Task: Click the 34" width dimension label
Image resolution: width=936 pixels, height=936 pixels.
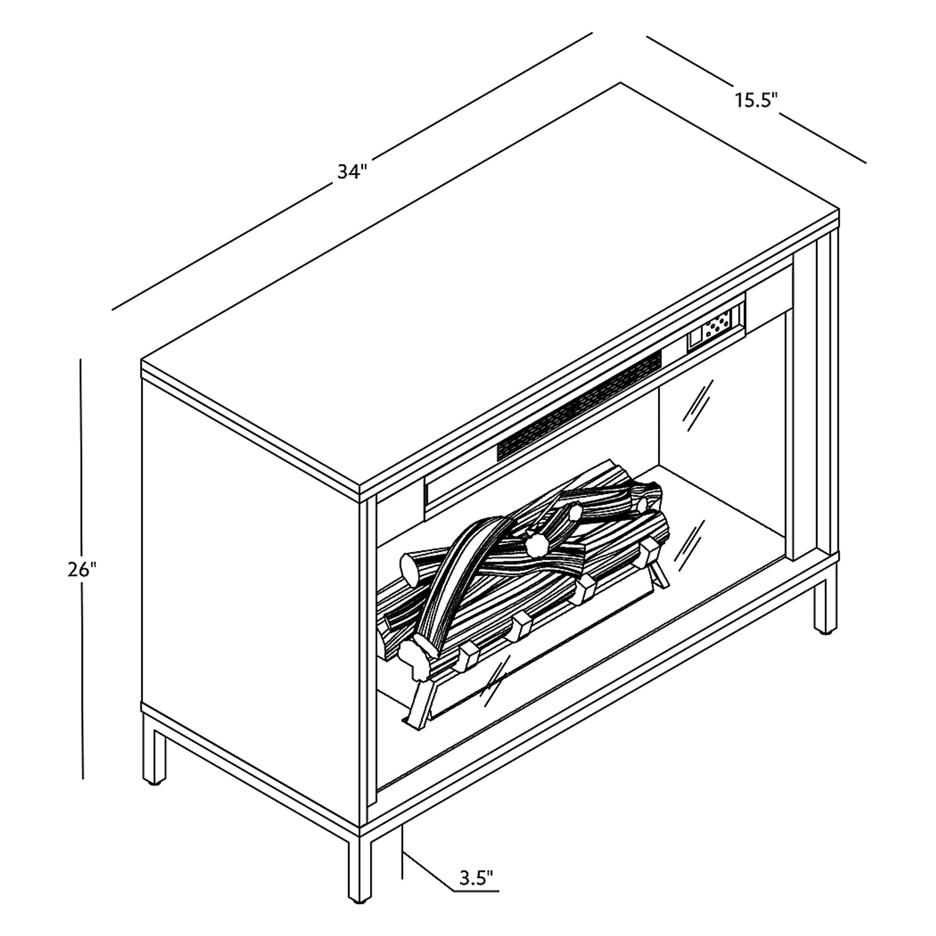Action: click(x=351, y=172)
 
